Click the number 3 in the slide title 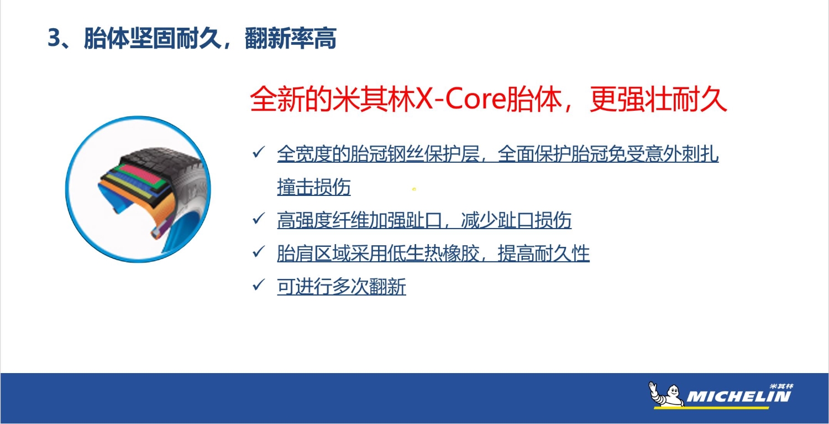[54, 38]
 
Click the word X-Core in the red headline [461, 99]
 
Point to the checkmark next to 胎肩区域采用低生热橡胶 [259, 252]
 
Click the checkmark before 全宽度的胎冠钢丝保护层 [259, 152]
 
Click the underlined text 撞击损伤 [314, 187]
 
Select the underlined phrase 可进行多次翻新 [341, 287]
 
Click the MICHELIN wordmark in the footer [739, 396]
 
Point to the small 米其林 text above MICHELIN [781, 386]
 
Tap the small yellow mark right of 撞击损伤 [414, 189]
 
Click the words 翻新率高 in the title [290, 38]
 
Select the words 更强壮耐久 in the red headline [658, 99]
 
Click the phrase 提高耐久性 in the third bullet [543, 254]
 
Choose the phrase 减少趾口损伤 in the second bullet [516, 220]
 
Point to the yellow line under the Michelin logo [711, 408]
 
